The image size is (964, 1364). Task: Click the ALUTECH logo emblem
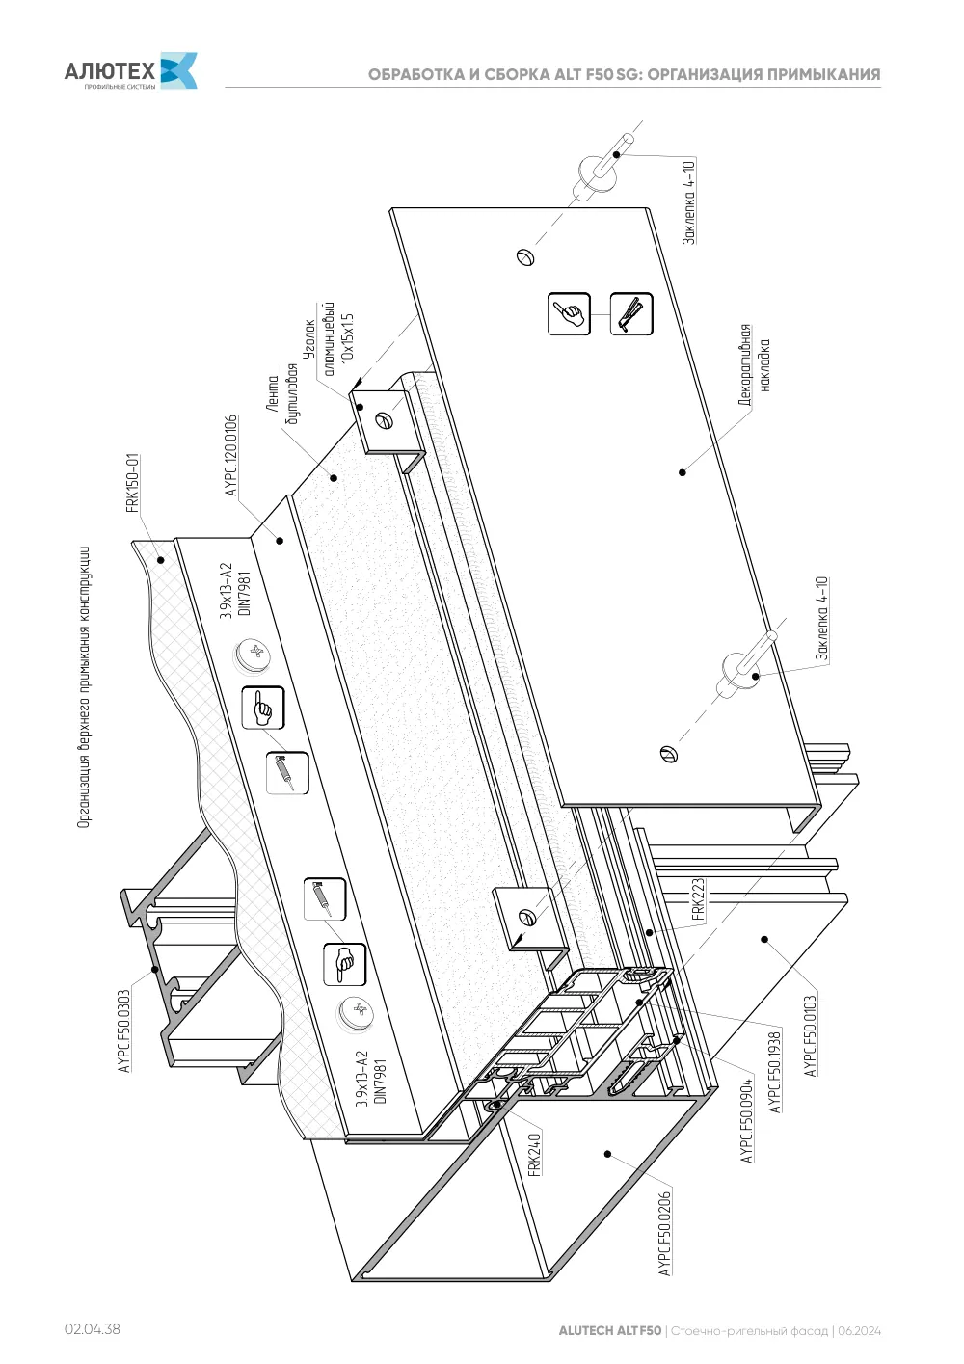(178, 70)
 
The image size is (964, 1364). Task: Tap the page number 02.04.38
(93, 1328)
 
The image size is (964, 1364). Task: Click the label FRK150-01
(133, 483)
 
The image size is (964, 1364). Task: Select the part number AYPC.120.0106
(230, 456)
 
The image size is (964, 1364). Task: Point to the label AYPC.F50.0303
(124, 1030)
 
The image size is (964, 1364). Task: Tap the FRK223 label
(698, 898)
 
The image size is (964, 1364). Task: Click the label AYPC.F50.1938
(775, 1072)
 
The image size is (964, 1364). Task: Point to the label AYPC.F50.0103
(810, 1036)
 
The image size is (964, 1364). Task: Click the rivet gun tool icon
(631, 313)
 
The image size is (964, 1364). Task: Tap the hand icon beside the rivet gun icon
(569, 313)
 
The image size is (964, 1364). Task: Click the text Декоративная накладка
(755, 365)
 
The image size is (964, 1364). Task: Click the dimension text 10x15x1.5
(347, 338)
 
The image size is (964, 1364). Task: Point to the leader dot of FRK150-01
(161, 560)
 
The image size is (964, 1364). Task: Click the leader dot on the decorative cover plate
(683, 472)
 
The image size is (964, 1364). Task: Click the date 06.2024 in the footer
(859, 1330)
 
